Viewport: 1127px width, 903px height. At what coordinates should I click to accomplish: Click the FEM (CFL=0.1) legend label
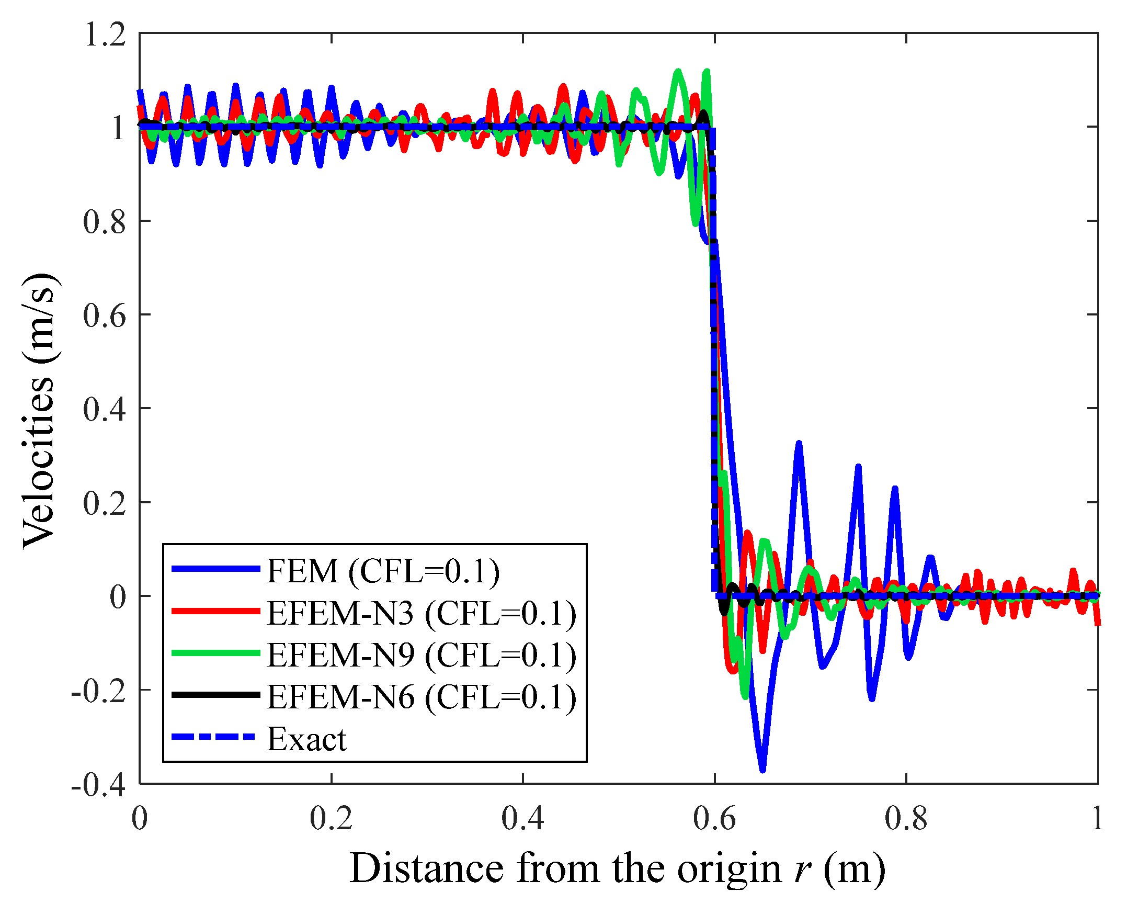pyautogui.click(x=383, y=571)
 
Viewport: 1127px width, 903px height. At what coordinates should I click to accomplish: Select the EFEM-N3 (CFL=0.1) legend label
pyautogui.click(x=422, y=613)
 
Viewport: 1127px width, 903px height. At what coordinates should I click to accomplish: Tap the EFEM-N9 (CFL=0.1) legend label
pyautogui.click(x=422, y=655)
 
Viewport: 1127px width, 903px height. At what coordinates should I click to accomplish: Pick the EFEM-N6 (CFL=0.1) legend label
pyautogui.click(x=422, y=697)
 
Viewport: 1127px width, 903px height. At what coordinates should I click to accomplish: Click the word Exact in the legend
pyautogui.click(x=306, y=739)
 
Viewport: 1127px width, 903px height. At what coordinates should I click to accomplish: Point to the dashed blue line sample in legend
pyautogui.click(x=214, y=737)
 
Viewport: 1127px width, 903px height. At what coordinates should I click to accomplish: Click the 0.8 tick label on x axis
pyautogui.click(x=906, y=819)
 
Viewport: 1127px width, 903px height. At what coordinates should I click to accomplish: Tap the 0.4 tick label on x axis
pyautogui.click(x=522, y=819)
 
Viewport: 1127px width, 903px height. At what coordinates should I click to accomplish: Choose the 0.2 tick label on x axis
pyautogui.click(x=331, y=819)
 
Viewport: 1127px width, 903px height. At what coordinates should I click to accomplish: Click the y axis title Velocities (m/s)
pyautogui.click(x=39, y=411)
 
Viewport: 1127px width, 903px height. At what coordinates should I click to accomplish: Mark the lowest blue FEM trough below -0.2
pyautogui.click(x=762, y=770)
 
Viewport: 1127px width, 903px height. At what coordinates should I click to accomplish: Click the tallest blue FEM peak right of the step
pyautogui.click(x=799, y=444)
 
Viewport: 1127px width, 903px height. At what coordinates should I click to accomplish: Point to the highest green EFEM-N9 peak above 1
pyautogui.click(x=678, y=71)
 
